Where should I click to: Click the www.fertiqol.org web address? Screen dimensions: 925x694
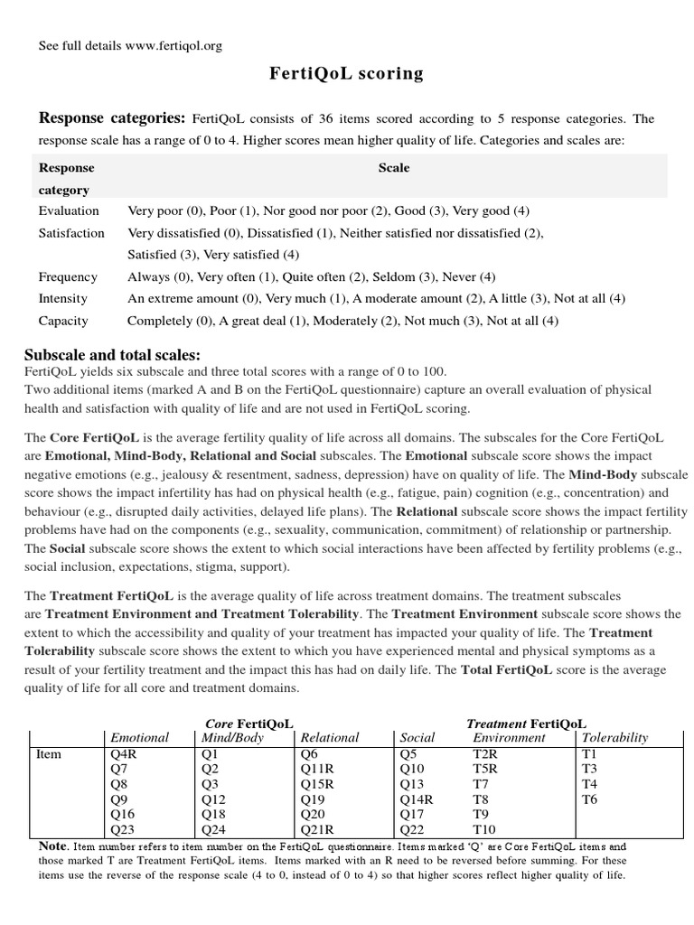tap(175, 45)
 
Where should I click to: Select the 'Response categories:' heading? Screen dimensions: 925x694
tap(111, 118)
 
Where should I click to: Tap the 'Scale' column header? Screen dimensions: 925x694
tap(394, 167)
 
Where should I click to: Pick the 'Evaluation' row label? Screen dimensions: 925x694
tap(69, 210)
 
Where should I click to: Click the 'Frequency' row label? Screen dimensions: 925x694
tap(68, 276)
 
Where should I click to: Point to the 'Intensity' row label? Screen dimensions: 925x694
tap(63, 298)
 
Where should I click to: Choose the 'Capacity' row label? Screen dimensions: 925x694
tap(63, 321)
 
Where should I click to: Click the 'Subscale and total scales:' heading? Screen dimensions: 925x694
tap(112, 354)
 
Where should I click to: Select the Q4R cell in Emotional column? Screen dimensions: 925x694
tap(125, 752)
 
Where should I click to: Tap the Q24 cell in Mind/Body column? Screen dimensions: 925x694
tap(213, 828)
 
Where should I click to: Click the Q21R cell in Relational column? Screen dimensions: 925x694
tap(317, 828)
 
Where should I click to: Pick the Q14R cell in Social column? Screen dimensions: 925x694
tap(417, 798)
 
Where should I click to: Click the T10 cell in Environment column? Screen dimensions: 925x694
tap(485, 828)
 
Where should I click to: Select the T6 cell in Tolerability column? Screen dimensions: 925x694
tap(589, 798)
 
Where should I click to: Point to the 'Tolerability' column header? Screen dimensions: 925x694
tap(614, 737)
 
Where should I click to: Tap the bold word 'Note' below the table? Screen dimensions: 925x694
tap(53, 846)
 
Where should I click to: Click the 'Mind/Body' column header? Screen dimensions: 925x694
tap(231, 737)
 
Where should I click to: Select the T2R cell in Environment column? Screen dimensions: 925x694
tap(487, 752)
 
